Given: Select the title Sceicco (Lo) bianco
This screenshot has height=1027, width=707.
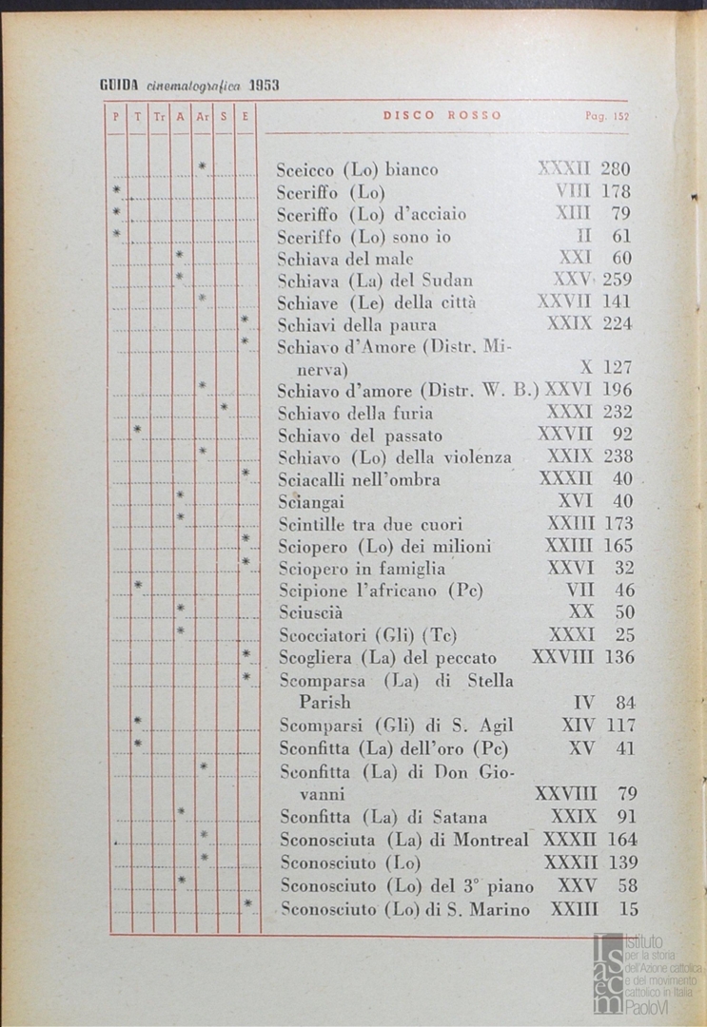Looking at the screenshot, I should point(357,170).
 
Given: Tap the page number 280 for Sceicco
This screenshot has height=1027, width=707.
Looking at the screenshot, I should point(616,169).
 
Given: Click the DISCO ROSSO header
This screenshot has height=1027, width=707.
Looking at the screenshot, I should point(442,116).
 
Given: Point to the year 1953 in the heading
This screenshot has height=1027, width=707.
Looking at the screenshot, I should point(264,85).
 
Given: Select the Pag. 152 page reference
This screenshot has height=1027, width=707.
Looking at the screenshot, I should point(607,116).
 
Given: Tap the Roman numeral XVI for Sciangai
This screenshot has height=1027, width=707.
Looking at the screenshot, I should point(576,501).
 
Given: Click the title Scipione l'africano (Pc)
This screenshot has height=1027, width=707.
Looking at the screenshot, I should point(382,591).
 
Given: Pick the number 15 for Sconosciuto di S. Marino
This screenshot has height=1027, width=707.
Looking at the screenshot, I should point(628,909).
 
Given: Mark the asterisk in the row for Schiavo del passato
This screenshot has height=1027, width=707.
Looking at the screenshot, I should point(137,431).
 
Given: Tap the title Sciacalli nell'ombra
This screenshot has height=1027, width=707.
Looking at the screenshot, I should point(359,479).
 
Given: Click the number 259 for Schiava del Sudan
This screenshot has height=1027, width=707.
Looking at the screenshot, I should point(617,281).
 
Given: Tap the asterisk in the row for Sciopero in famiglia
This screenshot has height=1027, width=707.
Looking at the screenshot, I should point(245,563).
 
